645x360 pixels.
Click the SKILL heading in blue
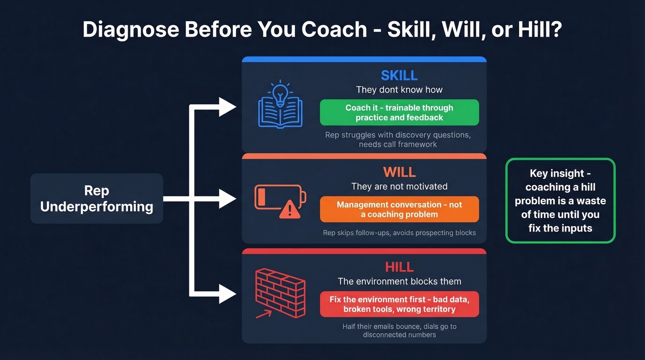point(399,75)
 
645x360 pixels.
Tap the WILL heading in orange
point(399,172)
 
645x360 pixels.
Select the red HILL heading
point(399,267)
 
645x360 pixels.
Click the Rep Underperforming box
point(97,199)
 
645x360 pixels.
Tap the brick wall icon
point(280,291)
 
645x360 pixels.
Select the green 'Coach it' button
point(399,112)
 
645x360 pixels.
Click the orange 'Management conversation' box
point(399,209)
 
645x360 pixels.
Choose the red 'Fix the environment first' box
point(399,304)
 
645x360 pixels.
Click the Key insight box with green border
point(560,201)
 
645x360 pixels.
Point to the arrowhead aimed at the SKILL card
point(227,107)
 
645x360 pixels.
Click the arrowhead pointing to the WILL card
point(227,199)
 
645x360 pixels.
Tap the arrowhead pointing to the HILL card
point(227,294)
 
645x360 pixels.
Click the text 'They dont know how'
point(399,90)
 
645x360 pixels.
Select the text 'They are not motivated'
point(399,187)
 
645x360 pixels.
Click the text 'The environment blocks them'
point(399,281)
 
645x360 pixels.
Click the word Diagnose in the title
point(131,30)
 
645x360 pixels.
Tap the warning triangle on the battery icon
point(289,210)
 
